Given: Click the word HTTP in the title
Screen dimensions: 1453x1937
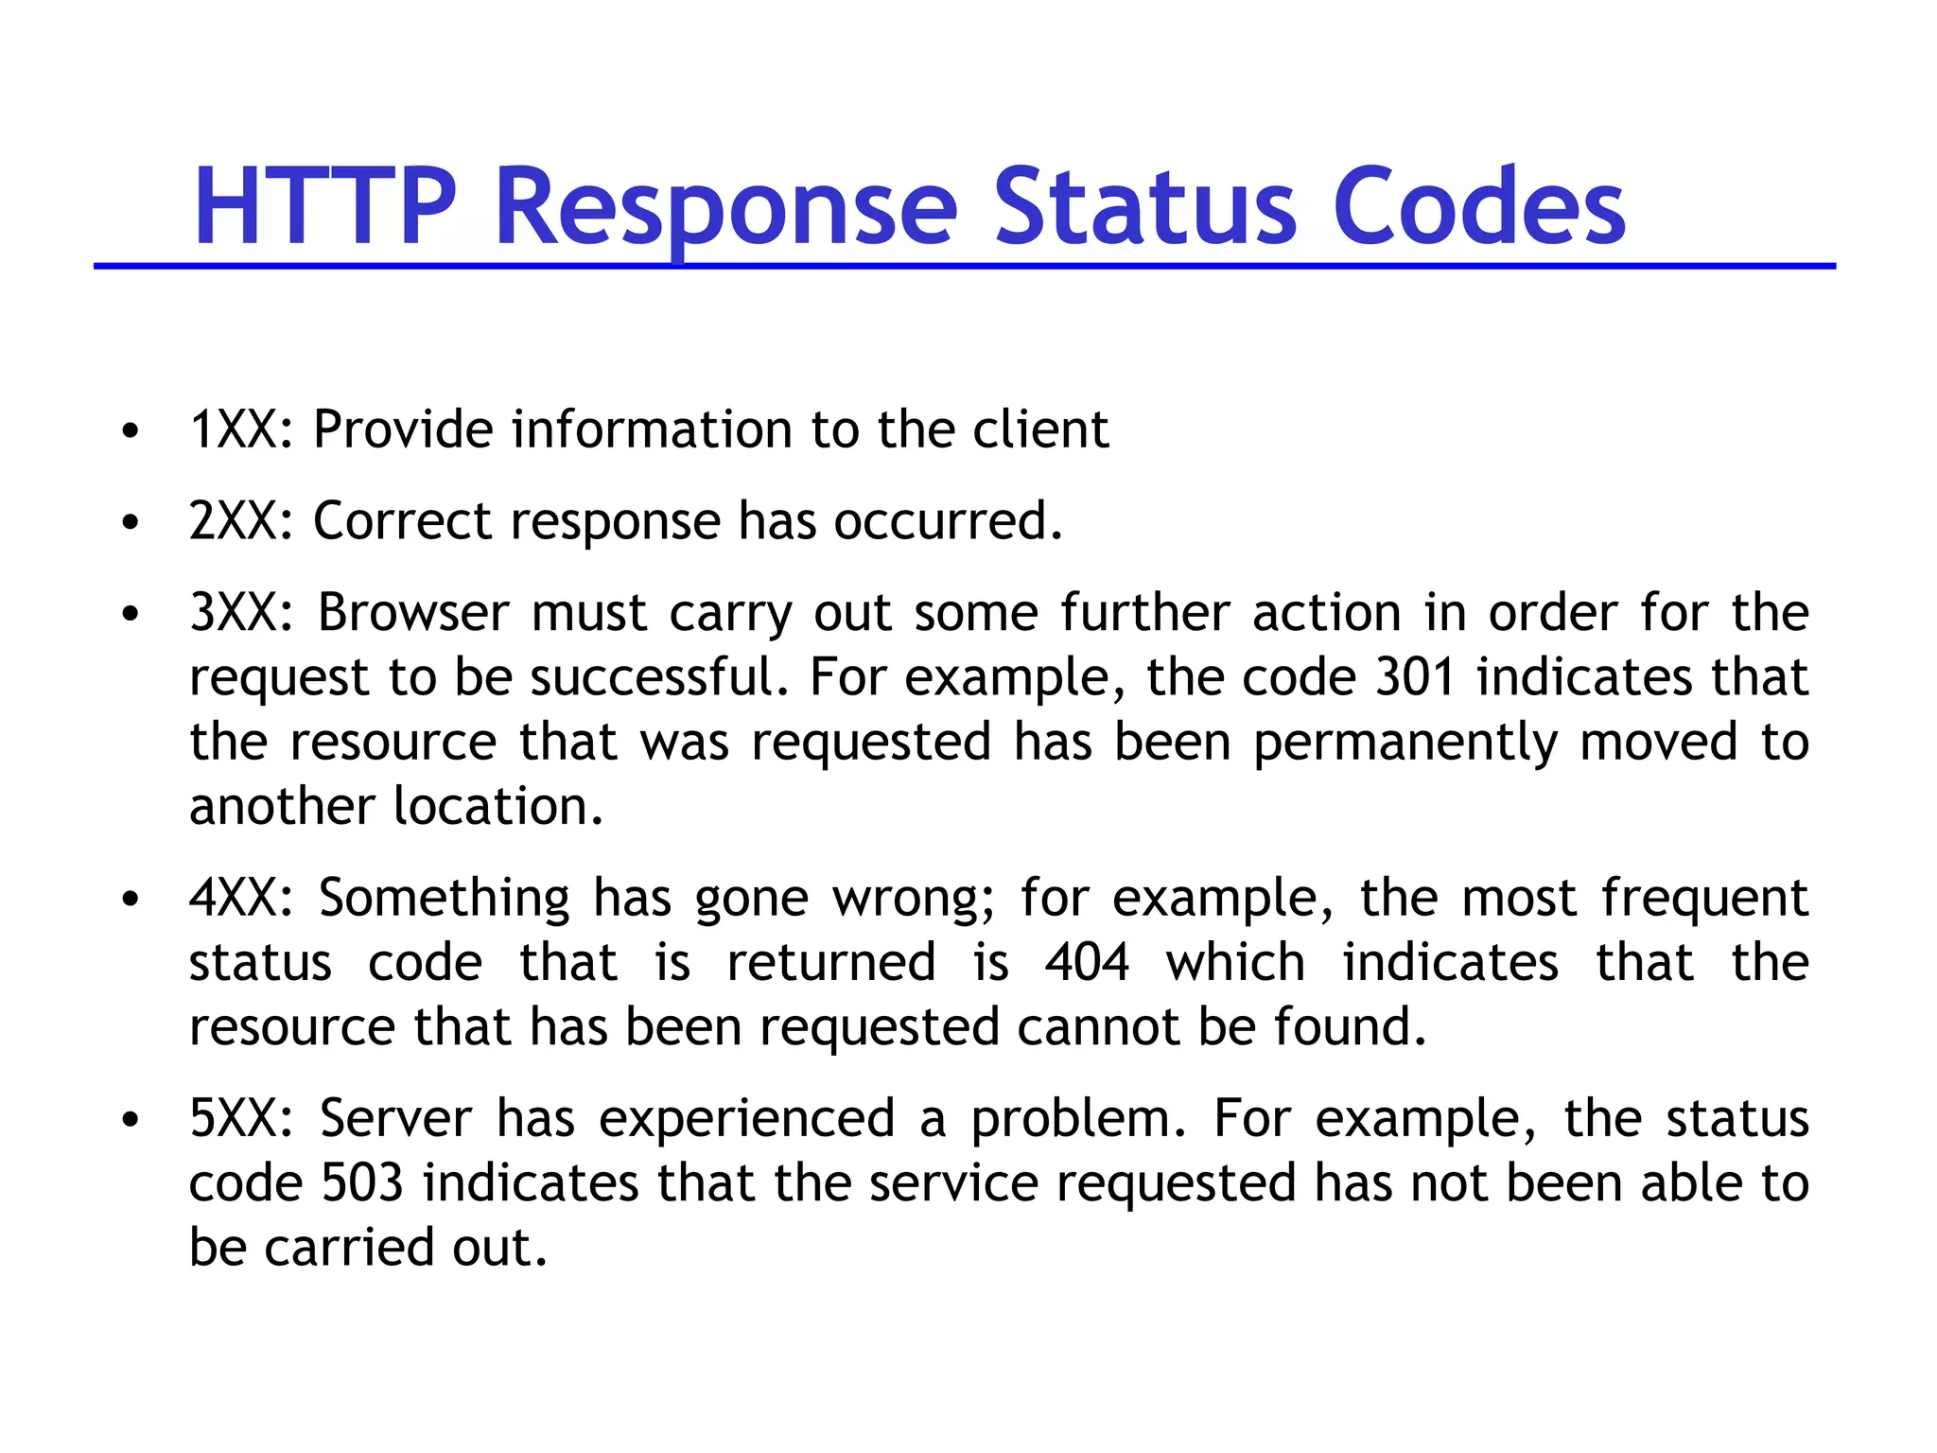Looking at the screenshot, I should point(324,206).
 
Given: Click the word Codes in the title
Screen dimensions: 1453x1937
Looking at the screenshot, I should point(1479,206).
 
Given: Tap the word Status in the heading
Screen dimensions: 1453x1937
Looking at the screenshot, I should point(1144,206).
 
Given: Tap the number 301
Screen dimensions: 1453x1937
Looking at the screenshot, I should point(1415,677).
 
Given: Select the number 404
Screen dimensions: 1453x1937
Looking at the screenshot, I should point(1088,963).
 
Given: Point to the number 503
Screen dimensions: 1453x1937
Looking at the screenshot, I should point(362,1183).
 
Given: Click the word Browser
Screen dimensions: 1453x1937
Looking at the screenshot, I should point(413,613).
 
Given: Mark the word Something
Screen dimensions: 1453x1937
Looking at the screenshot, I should point(444,898).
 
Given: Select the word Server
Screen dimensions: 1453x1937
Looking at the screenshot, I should point(395,1118).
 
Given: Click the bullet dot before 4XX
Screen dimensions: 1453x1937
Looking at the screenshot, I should point(131,899).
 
